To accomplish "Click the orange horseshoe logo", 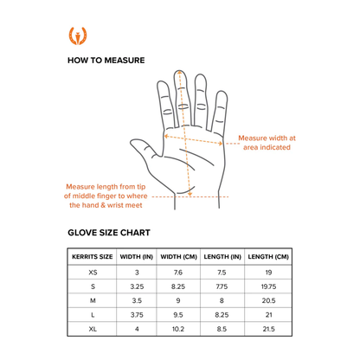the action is (78, 36).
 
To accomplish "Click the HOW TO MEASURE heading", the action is (106, 61).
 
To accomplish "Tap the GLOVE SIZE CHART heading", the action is (109, 233).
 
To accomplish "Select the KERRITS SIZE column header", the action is (93, 257).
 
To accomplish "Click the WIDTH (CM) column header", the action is (178, 257).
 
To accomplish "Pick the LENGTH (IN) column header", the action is (222, 257).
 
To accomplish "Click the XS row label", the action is (93, 273).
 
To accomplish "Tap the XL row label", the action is (93, 329).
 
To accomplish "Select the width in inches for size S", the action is (137, 286).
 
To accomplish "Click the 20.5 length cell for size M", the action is (268, 300).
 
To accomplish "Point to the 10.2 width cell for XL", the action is (178, 329).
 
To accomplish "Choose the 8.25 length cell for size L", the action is (222, 315).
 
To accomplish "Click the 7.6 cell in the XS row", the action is (178, 273).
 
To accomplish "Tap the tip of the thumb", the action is (132, 142).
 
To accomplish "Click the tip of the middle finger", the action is (179, 70).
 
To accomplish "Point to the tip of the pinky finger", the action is (222, 92).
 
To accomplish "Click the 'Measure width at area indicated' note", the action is (267, 143).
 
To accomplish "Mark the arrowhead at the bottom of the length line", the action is (190, 194).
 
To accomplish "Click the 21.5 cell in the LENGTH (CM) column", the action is (268, 329).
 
